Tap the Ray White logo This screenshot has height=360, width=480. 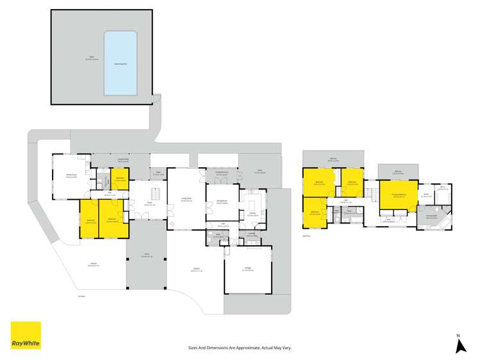click(x=26, y=335)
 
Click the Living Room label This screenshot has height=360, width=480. click(x=186, y=200)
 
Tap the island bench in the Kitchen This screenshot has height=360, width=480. click(x=253, y=204)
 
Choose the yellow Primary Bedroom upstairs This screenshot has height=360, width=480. click(x=398, y=195)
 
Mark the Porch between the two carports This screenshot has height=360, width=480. click(x=146, y=256)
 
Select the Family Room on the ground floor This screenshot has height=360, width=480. click(x=71, y=176)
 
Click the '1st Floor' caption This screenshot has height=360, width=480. click(x=307, y=236)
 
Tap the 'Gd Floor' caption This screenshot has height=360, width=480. click(x=81, y=296)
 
